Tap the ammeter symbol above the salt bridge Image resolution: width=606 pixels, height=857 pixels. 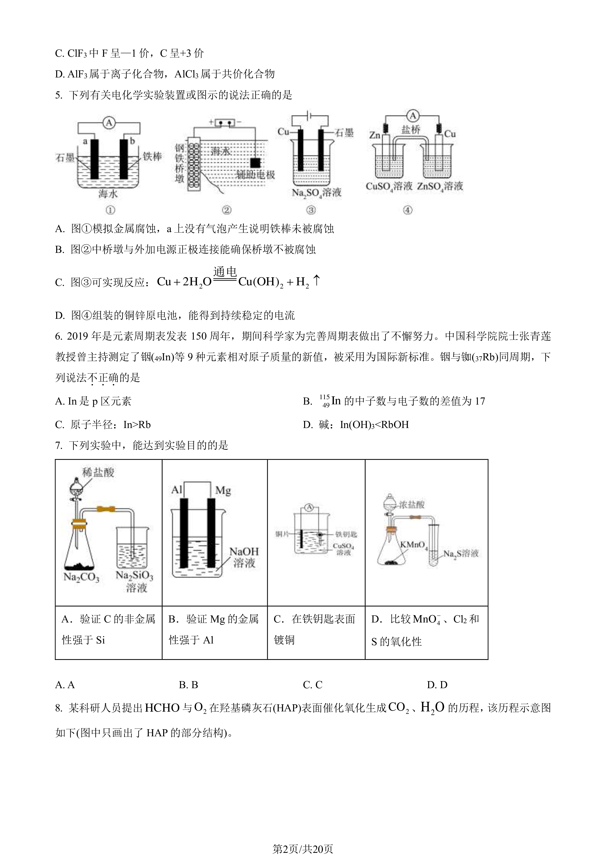point(413,116)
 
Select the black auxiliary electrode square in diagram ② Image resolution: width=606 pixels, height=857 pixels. point(255,163)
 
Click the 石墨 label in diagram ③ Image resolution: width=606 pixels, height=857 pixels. point(344,133)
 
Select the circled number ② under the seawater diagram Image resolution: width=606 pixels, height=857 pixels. point(226,210)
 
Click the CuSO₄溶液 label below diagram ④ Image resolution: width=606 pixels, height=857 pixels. point(389,186)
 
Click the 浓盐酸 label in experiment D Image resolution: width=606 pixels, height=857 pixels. point(412,505)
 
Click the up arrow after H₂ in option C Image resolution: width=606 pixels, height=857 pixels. point(316,281)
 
